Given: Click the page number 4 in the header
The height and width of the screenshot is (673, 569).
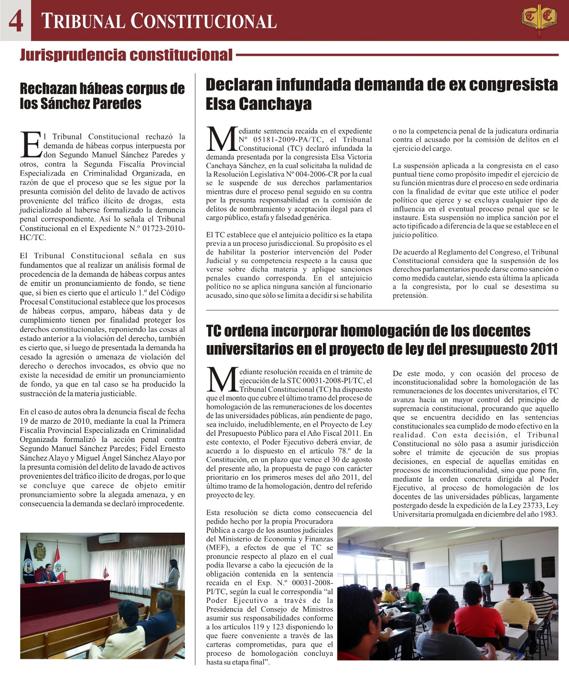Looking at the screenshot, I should click(x=15, y=21).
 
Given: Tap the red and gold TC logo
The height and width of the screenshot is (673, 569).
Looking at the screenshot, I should click(x=539, y=19).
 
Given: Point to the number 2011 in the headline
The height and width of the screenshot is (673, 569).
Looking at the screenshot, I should click(x=544, y=349).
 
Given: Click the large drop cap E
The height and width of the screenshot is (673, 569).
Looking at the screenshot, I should click(x=31, y=144).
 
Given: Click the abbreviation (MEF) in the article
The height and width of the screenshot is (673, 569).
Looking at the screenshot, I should click(x=217, y=548).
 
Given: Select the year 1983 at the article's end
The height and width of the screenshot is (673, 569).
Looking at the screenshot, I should click(x=548, y=514).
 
